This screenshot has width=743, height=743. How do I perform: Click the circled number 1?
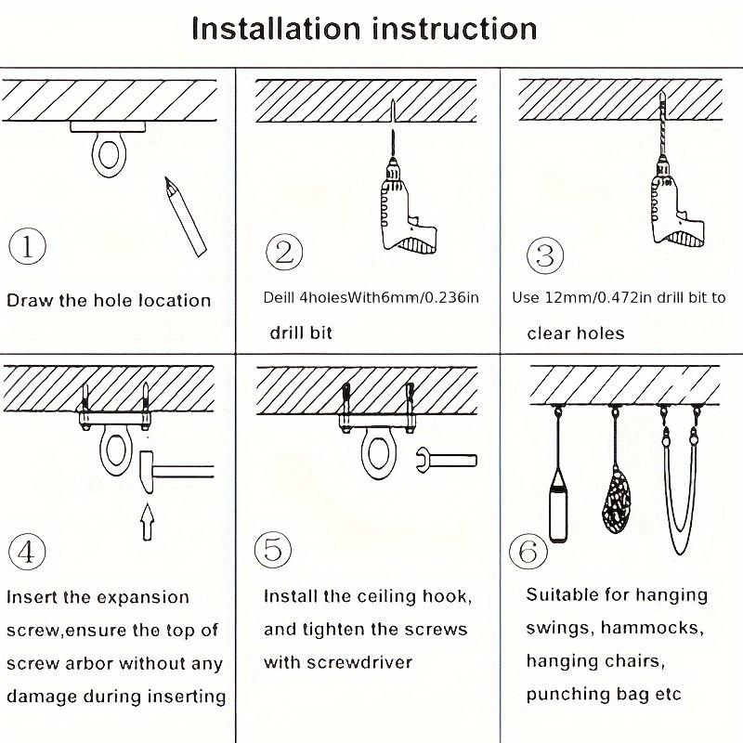tap(28, 247)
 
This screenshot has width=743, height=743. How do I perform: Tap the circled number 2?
tap(284, 252)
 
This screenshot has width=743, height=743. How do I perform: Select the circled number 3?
tap(545, 255)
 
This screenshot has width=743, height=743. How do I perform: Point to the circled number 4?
tap(27, 552)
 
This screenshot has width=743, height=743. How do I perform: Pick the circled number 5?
tap(272, 550)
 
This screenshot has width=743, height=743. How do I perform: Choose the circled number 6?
tap(528, 552)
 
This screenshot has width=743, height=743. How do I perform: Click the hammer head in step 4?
tap(147, 472)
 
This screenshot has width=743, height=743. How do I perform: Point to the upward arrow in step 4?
tap(148, 522)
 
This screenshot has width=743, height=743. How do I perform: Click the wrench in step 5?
tap(447, 461)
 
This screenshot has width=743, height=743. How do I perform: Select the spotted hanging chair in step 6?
tap(617, 502)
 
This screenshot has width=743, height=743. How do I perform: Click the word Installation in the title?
tap(276, 29)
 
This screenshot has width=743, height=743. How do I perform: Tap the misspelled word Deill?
tap(279, 297)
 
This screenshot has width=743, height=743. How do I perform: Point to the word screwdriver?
tap(359, 662)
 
